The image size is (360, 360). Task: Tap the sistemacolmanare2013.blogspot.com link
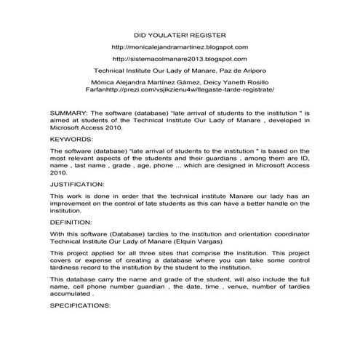pyautogui.click(x=180, y=59)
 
